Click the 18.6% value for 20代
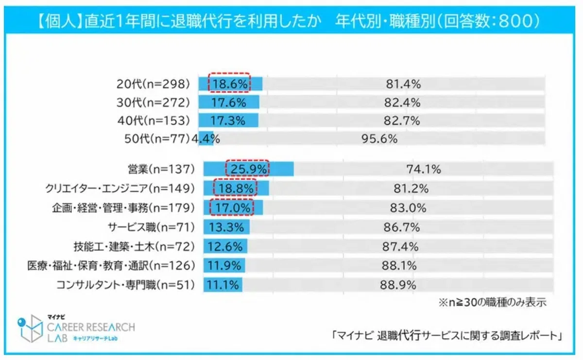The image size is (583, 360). coord(229,84)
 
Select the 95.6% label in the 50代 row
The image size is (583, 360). coord(379,139)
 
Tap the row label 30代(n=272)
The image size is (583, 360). coord(153,103)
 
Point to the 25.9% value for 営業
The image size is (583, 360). coord(249,169)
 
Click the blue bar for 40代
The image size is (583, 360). coord(228,120)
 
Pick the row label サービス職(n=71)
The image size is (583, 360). coord(151,227)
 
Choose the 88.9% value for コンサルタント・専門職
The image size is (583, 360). coord(398,285)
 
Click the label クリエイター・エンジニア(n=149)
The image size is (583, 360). coord(120,189)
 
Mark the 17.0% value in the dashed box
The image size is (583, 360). coord(232,208)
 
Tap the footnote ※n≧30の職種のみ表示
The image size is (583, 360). coord(493,303)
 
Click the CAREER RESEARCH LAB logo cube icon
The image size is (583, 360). coord(31,328)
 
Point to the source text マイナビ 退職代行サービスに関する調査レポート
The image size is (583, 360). coord(446,336)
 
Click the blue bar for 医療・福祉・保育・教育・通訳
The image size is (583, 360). coord(224,266)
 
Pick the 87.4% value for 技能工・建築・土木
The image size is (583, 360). coord(400,246)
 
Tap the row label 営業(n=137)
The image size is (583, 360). coord(161,169)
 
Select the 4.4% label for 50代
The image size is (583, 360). coord(206,139)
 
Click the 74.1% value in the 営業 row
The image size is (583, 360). coord(424,169)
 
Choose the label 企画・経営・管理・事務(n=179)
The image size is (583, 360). coord(123,208)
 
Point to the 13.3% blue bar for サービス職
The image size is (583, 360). coord(226,227)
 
